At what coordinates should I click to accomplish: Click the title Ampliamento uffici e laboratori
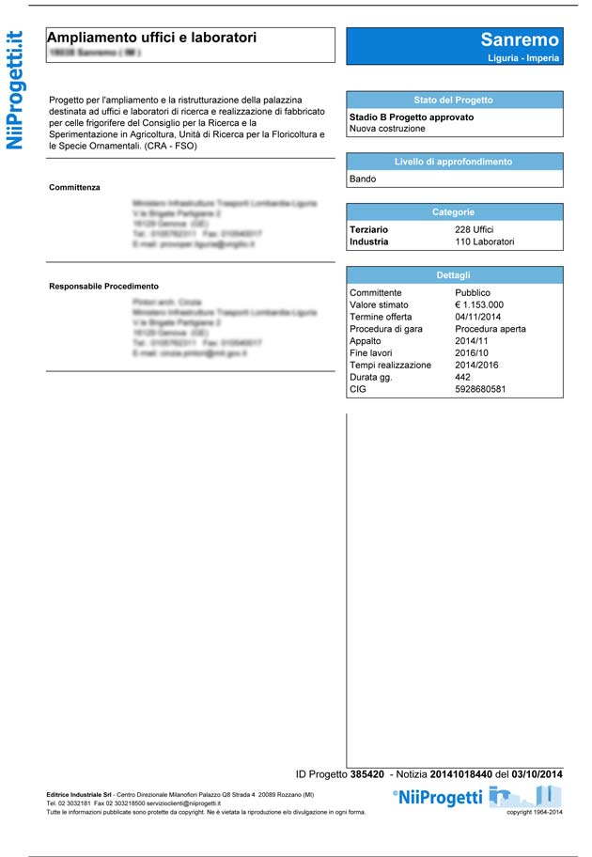[151, 38]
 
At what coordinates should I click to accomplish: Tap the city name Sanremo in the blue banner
[519, 39]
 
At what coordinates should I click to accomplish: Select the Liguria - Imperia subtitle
[523, 58]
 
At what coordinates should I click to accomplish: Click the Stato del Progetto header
[454, 100]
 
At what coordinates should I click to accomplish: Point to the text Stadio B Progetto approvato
[405, 117]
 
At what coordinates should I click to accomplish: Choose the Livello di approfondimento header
[454, 162]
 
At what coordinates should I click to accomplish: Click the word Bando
[363, 179]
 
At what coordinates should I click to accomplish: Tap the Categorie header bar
[454, 212]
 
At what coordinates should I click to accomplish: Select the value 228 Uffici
[475, 229]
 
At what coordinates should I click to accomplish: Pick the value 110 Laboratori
[485, 242]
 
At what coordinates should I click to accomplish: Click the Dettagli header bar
[454, 275]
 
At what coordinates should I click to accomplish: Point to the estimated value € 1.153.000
[479, 304]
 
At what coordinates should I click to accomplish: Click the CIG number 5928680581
[480, 389]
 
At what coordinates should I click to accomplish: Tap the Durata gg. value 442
[463, 377]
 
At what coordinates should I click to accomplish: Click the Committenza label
[74, 187]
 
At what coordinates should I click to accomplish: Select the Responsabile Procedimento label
[103, 286]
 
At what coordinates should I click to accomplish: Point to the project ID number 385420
[366, 774]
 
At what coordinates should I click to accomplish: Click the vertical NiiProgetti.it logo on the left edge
[15, 90]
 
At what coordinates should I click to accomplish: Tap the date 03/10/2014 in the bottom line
[537, 774]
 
